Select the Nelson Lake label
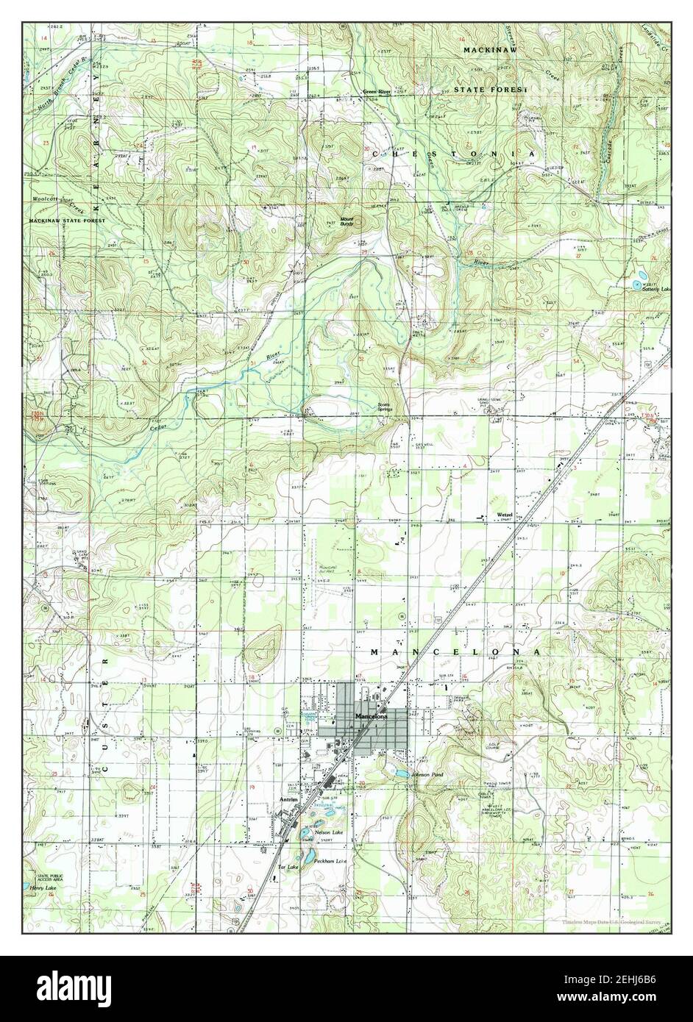pyautogui.click(x=327, y=832)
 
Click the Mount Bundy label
pyautogui.click(x=346, y=221)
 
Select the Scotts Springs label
pyautogui.click(x=385, y=406)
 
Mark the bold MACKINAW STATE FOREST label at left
pyautogui.click(x=68, y=220)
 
